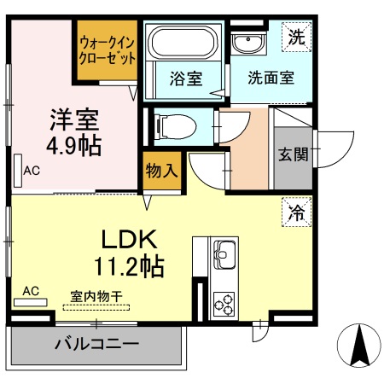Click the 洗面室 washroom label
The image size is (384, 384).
(x=271, y=78)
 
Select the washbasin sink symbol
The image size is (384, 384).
(x=250, y=44)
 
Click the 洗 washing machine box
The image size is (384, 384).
(x=296, y=37)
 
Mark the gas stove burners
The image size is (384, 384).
(x=224, y=303)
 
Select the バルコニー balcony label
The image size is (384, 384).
(x=96, y=345)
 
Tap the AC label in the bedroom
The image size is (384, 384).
(x=32, y=171)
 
